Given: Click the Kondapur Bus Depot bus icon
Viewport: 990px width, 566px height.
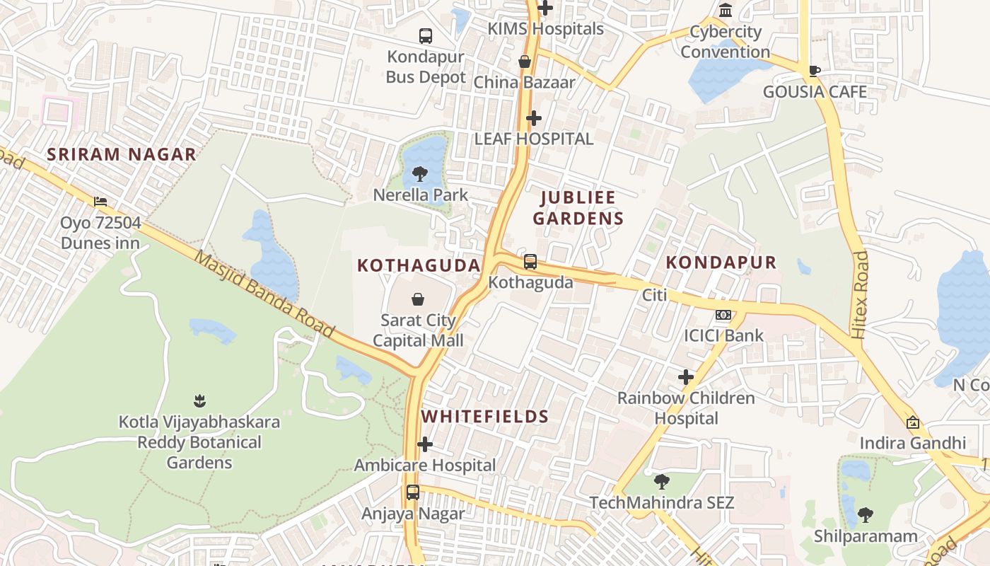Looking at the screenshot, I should click(x=426, y=35).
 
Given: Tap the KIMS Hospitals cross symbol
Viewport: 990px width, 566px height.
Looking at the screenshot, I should click(x=545, y=8).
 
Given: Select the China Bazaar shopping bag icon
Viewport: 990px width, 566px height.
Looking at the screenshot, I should click(x=525, y=62).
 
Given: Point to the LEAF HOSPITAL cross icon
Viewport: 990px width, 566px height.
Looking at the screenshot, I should click(x=534, y=117).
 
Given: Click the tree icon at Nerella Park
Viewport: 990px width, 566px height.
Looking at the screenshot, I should click(x=420, y=173).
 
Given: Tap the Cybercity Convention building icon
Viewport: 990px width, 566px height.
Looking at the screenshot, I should click(x=726, y=10).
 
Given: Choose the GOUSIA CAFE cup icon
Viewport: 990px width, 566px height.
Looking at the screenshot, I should click(x=815, y=70).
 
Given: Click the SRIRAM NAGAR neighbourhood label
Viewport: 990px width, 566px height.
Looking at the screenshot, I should click(x=121, y=154).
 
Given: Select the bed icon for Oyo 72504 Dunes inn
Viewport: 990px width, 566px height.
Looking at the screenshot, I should click(x=100, y=202).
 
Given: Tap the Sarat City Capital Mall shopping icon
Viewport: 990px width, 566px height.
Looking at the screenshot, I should click(x=418, y=299).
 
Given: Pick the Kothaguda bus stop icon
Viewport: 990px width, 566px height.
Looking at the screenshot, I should click(x=530, y=262).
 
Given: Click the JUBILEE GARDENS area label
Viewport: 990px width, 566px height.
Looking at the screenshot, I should click(x=578, y=208).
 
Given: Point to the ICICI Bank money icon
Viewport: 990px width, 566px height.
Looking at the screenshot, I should click(x=723, y=315).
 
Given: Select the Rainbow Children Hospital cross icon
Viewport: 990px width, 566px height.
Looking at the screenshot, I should click(x=685, y=377).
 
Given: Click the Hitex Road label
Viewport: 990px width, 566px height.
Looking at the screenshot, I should click(x=860, y=294).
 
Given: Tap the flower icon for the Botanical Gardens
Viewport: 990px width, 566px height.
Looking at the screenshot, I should click(x=199, y=401).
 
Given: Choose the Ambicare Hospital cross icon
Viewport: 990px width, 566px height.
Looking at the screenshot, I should click(x=425, y=444).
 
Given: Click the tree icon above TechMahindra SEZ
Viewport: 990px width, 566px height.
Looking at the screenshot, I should click(x=662, y=482).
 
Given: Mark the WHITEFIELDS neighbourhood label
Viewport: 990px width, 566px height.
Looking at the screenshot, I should click(x=485, y=417).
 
